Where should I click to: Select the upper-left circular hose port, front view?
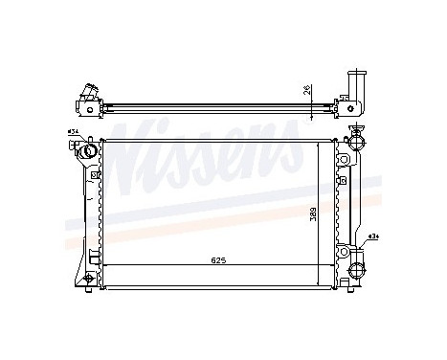click(x=88, y=150)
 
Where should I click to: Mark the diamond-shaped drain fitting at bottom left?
click(x=88, y=279)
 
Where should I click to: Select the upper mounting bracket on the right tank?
click(x=344, y=178)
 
